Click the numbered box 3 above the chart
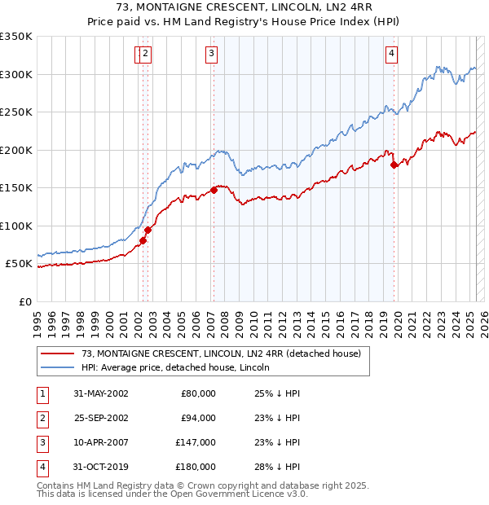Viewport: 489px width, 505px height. click(x=211, y=55)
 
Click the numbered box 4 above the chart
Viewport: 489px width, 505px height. click(x=392, y=55)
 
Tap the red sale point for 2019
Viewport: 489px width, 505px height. click(x=394, y=165)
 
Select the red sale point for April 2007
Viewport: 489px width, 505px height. click(x=214, y=190)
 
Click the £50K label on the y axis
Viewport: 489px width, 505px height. click(x=19, y=264)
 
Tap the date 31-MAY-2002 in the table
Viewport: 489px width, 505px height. click(x=101, y=393)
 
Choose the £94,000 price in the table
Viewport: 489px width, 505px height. click(x=198, y=418)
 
